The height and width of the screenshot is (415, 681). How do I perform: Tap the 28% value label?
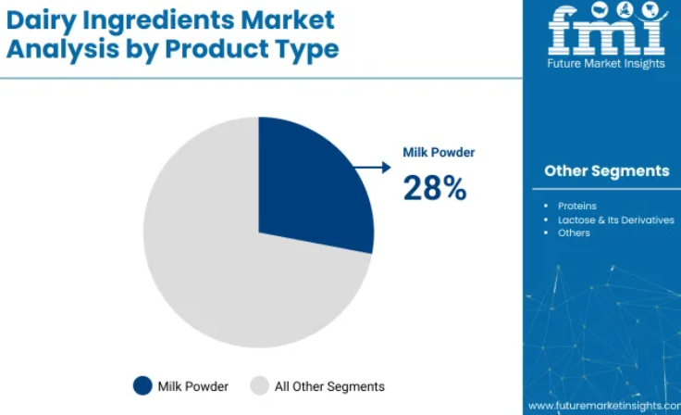click(x=435, y=188)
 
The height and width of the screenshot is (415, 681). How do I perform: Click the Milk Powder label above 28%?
click(x=439, y=152)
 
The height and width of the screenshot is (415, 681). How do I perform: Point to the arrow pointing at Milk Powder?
click(x=372, y=167)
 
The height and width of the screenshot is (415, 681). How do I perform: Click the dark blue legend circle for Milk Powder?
click(x=142, y=386)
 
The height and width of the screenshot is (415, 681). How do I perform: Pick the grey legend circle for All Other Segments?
click(x=260, y=386)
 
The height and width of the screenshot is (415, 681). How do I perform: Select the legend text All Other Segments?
click(x=329, y=386)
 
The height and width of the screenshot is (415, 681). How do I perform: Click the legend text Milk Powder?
click(x=192, y=386)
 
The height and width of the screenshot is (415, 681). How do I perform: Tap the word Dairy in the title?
click(x=42, y=20)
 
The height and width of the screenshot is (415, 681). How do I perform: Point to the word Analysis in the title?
click(x=63, y=49)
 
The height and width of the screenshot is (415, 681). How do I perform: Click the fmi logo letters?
click(x=606, y=30)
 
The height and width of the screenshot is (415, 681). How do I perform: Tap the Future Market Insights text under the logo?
click(x=606, y=64)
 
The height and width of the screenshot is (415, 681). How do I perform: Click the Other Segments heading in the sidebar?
click(x=607, y=171)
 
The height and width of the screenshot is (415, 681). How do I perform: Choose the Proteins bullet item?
click(x=577, y=206)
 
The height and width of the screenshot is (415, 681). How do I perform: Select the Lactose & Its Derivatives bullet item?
click(x=616, y=220)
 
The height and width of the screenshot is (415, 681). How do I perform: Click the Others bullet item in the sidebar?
click(x=574, y=233)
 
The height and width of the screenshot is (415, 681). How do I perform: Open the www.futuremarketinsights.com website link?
click(x=604, y=406)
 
